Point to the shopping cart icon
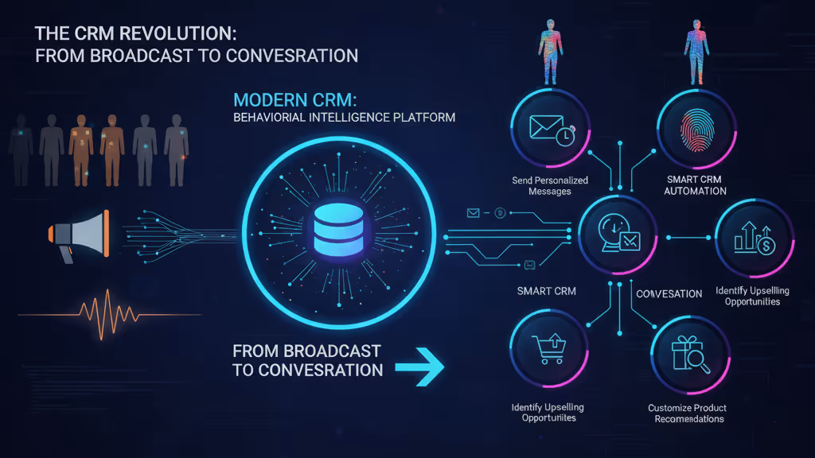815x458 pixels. (x=548, y=350)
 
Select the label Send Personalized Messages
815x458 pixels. (x=550, y=186)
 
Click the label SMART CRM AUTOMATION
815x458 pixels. (x=696, y=186)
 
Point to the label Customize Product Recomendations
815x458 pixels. (x=687, y=413)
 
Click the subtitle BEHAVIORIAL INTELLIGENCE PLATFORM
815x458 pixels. (x=344, y=118)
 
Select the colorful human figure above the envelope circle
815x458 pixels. (x=550, y=52)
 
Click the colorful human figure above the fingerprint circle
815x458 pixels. (x=696, y=49)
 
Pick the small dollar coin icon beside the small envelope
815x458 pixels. (x=501, y=213)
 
